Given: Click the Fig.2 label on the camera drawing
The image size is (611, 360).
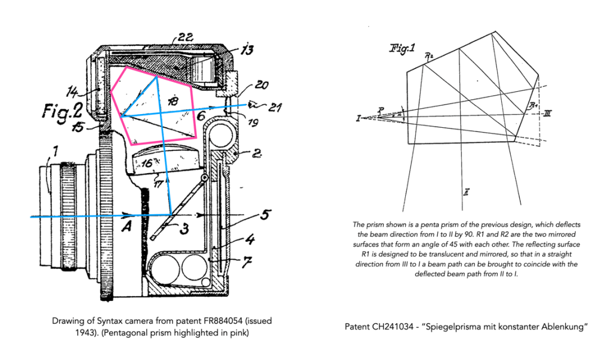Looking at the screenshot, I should (58, 112).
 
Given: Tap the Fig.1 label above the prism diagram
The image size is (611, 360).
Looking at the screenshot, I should (402, 48).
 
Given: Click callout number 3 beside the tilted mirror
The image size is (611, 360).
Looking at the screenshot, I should (186, 227).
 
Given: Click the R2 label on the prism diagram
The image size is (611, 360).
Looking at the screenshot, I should (428, 56).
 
